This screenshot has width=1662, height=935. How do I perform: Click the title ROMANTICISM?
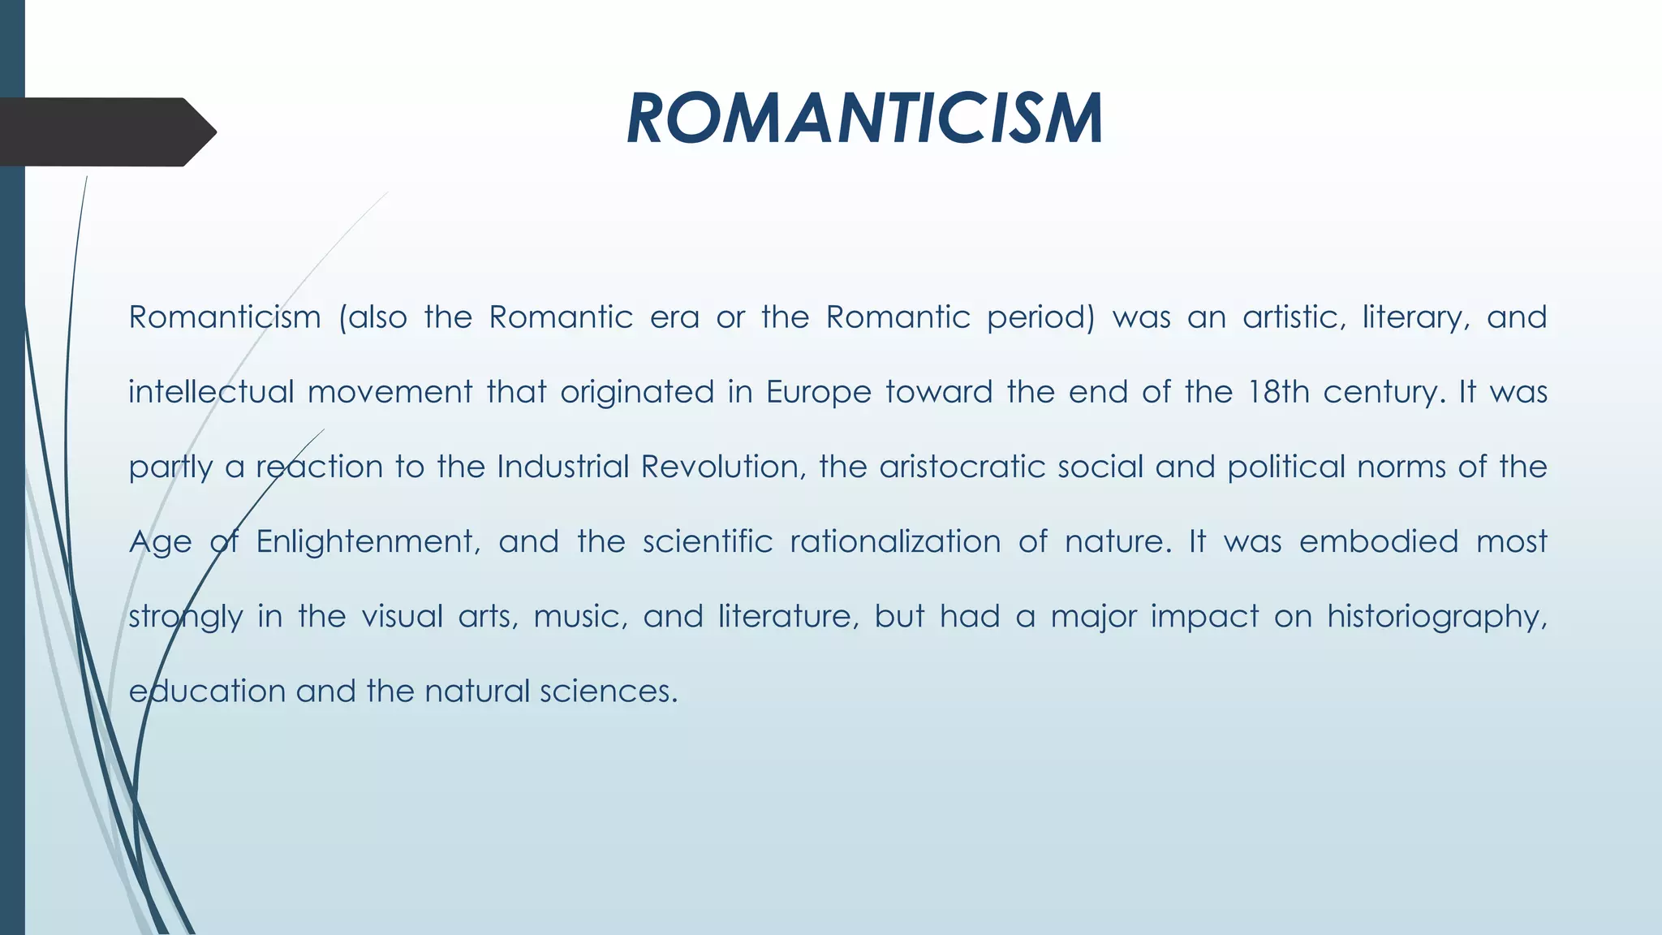pos(864,119)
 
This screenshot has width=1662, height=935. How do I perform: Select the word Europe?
pos(818,393)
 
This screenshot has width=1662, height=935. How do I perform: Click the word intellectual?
pos(211,393)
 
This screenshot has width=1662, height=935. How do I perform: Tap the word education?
pos(207,692)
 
